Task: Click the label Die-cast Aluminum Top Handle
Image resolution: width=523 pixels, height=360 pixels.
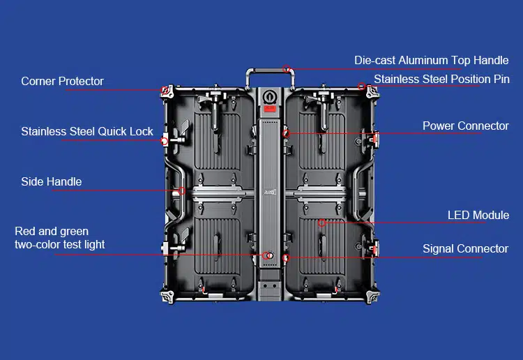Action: (x=431, y=61)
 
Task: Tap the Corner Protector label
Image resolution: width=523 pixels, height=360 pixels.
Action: (x=62, y=81)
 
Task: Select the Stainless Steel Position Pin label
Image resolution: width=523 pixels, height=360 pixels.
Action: (x=441, y=79)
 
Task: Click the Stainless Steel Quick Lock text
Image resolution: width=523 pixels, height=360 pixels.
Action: (x=87, y=131)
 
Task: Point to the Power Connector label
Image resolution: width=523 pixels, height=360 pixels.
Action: (x=466, y=126)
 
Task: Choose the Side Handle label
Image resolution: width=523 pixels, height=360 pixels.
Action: (x=52, y=181)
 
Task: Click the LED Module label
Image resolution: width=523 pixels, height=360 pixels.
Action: (x=478, y=215)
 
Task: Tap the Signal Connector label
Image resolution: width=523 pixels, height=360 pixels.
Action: (x=465, y=248)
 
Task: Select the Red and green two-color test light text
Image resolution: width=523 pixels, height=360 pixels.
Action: (x=60, y=238)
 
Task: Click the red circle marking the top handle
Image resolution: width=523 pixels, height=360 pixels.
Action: (x=286, y=69)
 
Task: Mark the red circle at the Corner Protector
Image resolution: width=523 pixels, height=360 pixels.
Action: (x=165, y=90)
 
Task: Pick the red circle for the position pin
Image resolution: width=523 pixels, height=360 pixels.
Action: (x=361, y=87)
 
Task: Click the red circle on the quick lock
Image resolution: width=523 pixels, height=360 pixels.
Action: (x=164, y=141)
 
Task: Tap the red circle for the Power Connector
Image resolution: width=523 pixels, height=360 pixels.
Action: (x=286, y=134)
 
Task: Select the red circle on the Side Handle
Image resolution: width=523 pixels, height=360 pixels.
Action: (x=181, y=191)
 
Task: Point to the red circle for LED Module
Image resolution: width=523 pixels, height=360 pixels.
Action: (x=321, y=223)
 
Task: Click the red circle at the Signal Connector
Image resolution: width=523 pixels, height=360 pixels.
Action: (x=286, y=258)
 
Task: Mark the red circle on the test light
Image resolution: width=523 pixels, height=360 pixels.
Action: (x=266, y=255)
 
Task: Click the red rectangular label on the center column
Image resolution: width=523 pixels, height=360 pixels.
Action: (x=269, y=108)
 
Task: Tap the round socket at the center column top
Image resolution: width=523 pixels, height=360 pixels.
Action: (x=269, y=97)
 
